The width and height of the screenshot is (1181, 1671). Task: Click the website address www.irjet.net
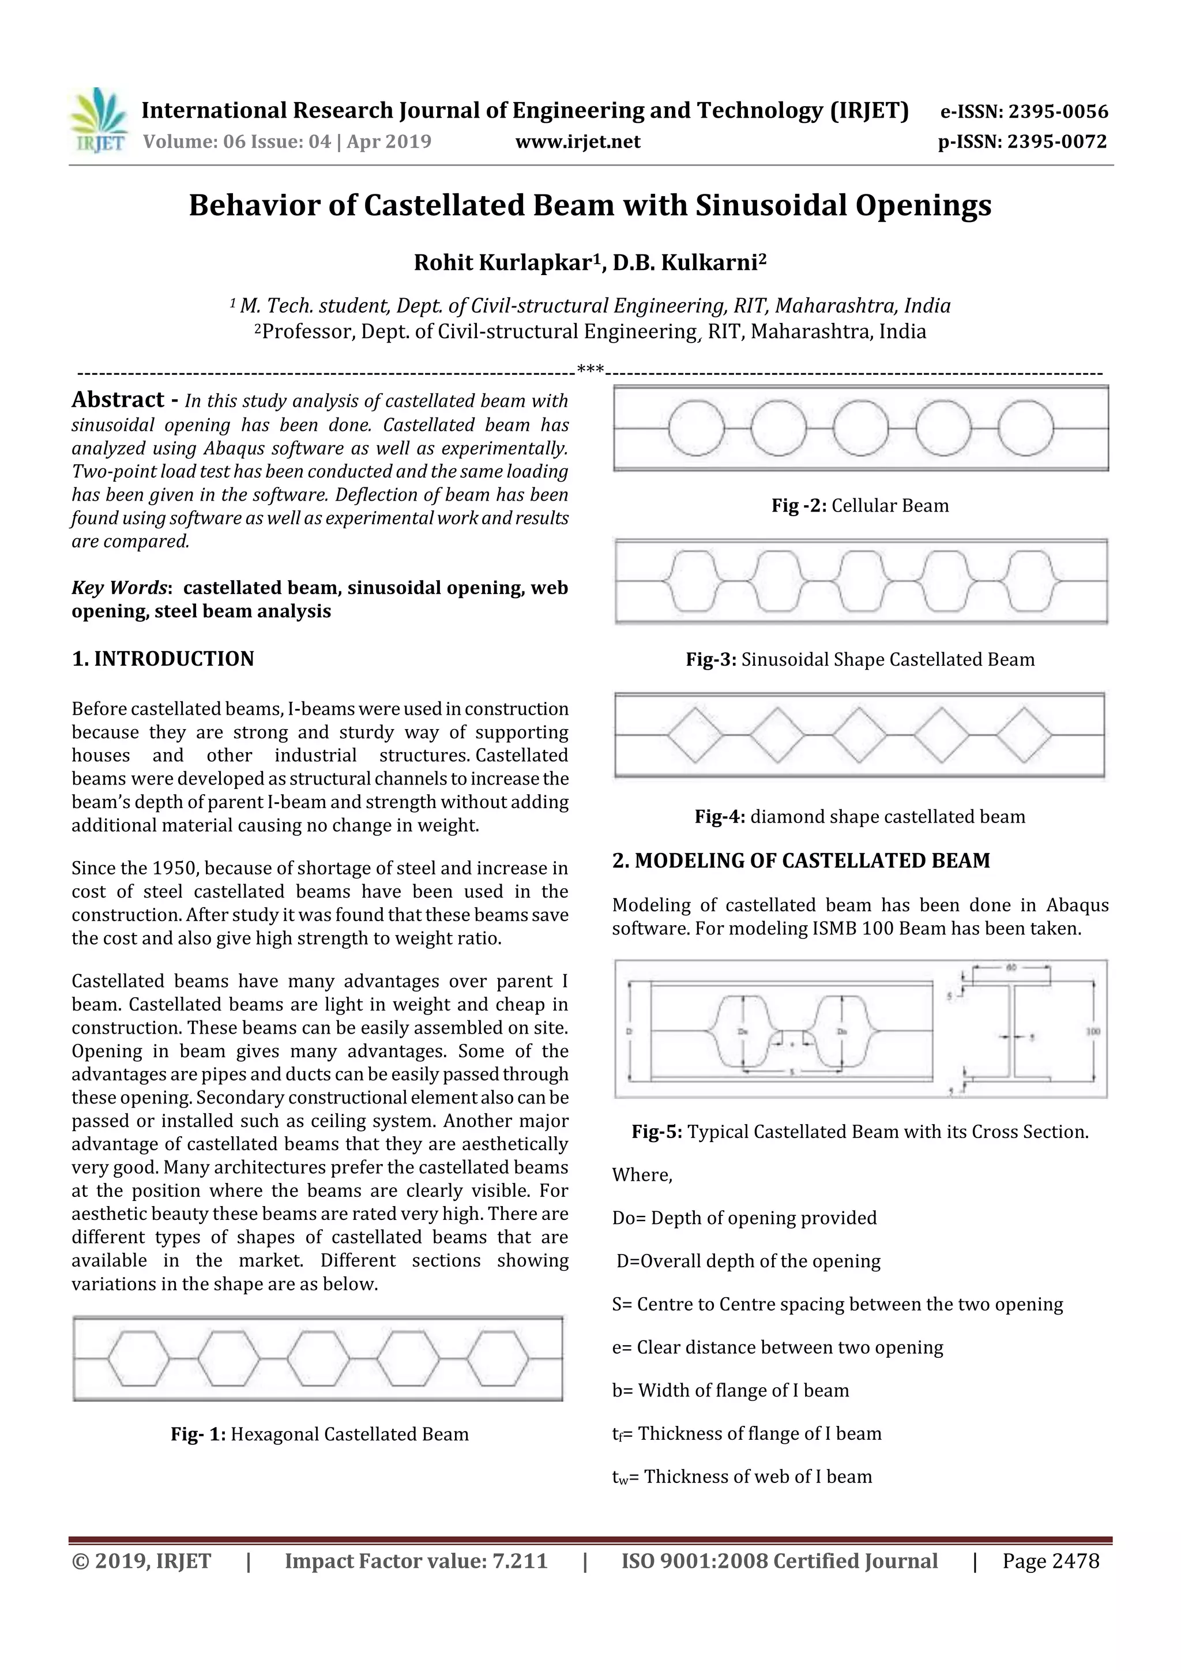pyautogui.click(x=578, y=141)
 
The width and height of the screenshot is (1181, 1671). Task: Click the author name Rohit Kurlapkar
pyautogui.click(x=501, y=262)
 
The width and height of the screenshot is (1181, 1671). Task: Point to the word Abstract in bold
pyautogui.click(x=118, y=400)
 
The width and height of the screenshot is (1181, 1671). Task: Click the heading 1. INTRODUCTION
pyautogui.click(x=163, y=659)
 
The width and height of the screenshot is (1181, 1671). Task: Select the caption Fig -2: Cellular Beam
pyautogui.click(x=860, y=506)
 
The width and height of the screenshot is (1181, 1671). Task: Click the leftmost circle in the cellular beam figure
pyautogui.click(x=695, y=428)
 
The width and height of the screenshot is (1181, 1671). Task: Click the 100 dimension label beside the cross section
pyautogui.click(x=1094, y=1031)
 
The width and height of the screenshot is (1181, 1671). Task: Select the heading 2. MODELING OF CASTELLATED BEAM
pyautogui.click(x=801, y=861)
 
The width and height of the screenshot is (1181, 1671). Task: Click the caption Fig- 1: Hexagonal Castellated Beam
pyautogui.click(x=319, y=1435)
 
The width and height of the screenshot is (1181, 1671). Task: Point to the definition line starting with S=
pyautogui.click(x=837, y=1304)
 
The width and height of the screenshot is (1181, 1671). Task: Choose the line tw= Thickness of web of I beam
pyautogui.click(x=742, y=1477)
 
